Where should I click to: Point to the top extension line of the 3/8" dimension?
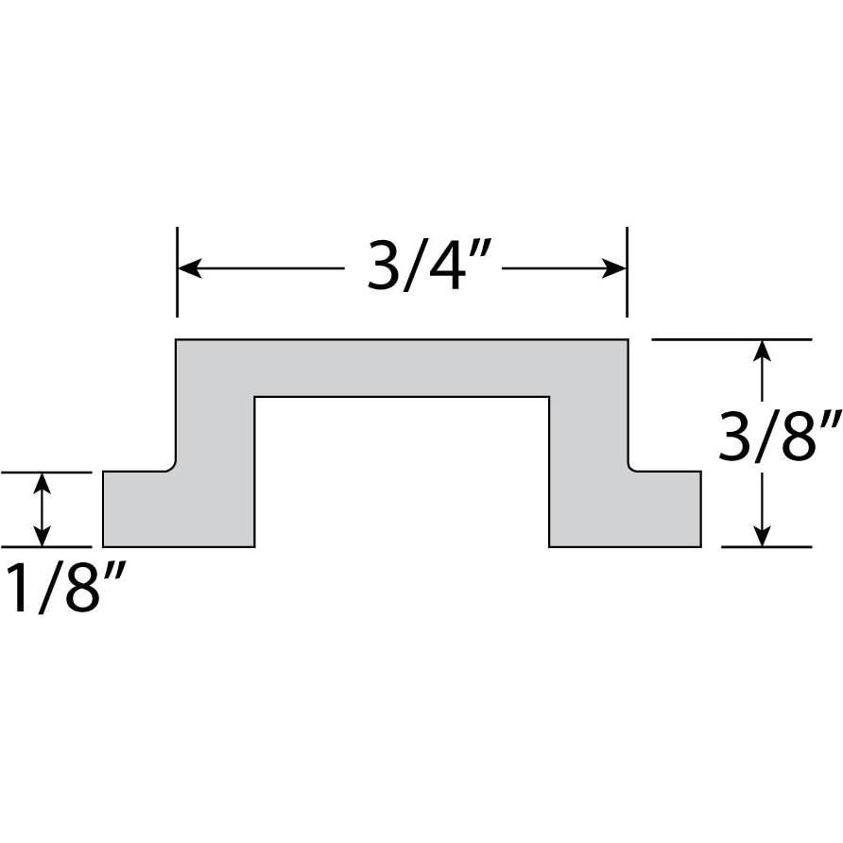point(731,339)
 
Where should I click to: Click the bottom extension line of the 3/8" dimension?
point(766,546)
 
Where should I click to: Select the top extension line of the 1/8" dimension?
point(46,472)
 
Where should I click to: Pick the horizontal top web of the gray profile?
point(402,368)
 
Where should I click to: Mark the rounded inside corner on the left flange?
point(173,467)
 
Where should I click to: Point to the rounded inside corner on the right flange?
point(631,467)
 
